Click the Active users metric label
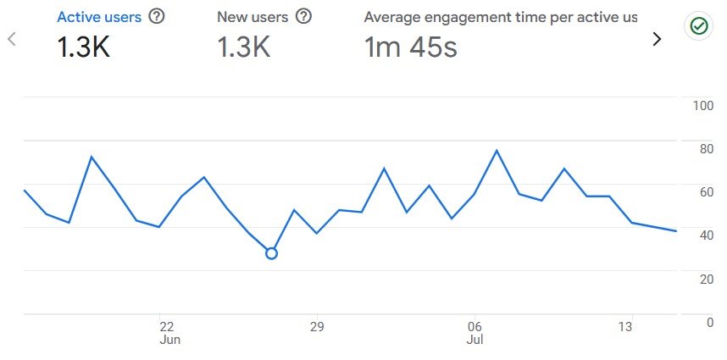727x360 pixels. point(99,16)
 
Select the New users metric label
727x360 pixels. point(253,16)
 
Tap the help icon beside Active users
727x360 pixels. point(156,16)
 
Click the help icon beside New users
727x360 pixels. point(303,16)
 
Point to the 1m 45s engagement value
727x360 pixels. point(411,47)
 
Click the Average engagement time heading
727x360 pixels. point(500,16)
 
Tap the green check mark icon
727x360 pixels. point(698,26)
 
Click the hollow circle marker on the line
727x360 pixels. point(271,253)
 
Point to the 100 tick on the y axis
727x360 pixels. point(703,106)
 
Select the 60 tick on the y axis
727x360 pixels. point(703,192)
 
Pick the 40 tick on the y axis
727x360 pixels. point(703,235)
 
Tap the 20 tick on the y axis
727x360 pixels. point(703,279)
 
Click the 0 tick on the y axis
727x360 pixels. point(708,322)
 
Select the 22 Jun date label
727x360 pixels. point(168,332)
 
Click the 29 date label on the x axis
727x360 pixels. point(317,327)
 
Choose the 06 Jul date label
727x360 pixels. point(474,332)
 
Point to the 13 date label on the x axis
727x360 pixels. point(625,327)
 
